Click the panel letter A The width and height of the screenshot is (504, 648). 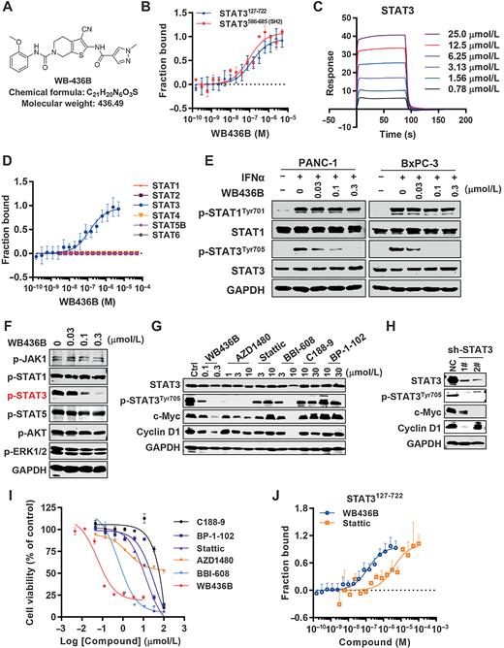pos(8,9)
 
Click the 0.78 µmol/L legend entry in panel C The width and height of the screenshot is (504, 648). pos(459,98)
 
